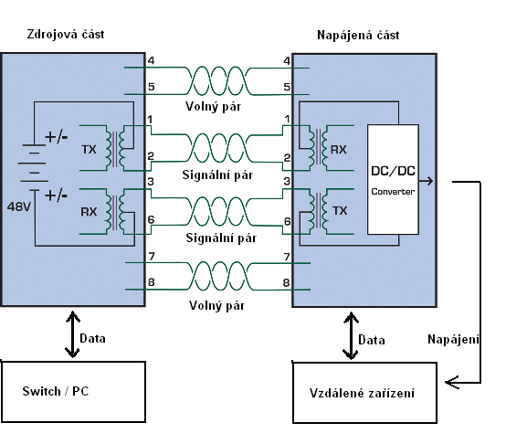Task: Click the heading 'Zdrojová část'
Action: click(66, 35)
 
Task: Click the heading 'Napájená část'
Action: click(358, 35)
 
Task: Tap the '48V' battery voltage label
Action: click(19, 206)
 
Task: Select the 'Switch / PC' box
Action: click(73, 391)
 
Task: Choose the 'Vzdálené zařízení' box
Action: click(365, 393)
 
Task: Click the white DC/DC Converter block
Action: click(393, 179)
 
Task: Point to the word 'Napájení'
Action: click(453, 340)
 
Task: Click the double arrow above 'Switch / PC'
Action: click(72, 334)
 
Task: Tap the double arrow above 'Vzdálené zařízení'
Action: click(351, 335)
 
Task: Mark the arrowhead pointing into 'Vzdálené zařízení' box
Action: click(452, 383)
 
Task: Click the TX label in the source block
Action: click(89, 150)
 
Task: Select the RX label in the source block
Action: click(89, 212)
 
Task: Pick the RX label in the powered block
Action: click(339, 150)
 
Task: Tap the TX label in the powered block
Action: click(340, 211)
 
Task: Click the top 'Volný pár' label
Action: click(214, 107)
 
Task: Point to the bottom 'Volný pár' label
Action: click(216, 305)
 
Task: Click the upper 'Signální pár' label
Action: click(217, 174)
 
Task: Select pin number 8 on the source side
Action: click(152, 282)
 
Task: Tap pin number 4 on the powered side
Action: click(287, 60)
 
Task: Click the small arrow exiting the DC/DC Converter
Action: click(427, 181)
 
